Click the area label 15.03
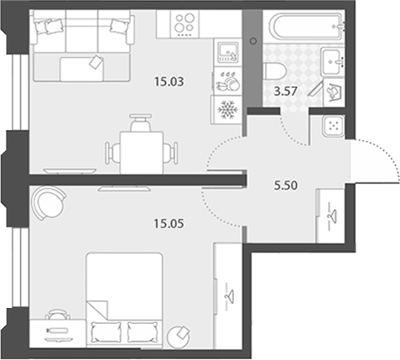pos(169,81)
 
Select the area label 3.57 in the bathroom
pos(285,91)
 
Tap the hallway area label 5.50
pos(286,185)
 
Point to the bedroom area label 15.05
pos(169,223)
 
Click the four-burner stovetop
pos(184,23)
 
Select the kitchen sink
pos(227,52)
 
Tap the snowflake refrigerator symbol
pos(227,110)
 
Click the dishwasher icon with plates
pos(227,81)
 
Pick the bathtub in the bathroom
pos(306,25)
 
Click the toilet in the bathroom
pos(274,72)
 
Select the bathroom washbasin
pos(332,61)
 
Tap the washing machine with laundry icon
pos(334,92)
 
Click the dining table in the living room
pos(142,153)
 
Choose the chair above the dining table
pos(142,123)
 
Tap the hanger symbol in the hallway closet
pos(332,217)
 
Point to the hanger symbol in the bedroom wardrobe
pos(230,295)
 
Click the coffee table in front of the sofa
pos(81,69)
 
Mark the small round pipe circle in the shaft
pos(253,41)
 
